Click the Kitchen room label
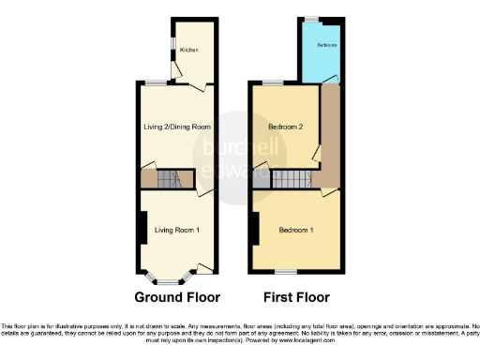(189, 50)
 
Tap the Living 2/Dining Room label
(176, 127)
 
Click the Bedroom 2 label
(285, 127)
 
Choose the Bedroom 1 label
(296, 231)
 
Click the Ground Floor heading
(177, 297)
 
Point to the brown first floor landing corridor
(329, 131)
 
